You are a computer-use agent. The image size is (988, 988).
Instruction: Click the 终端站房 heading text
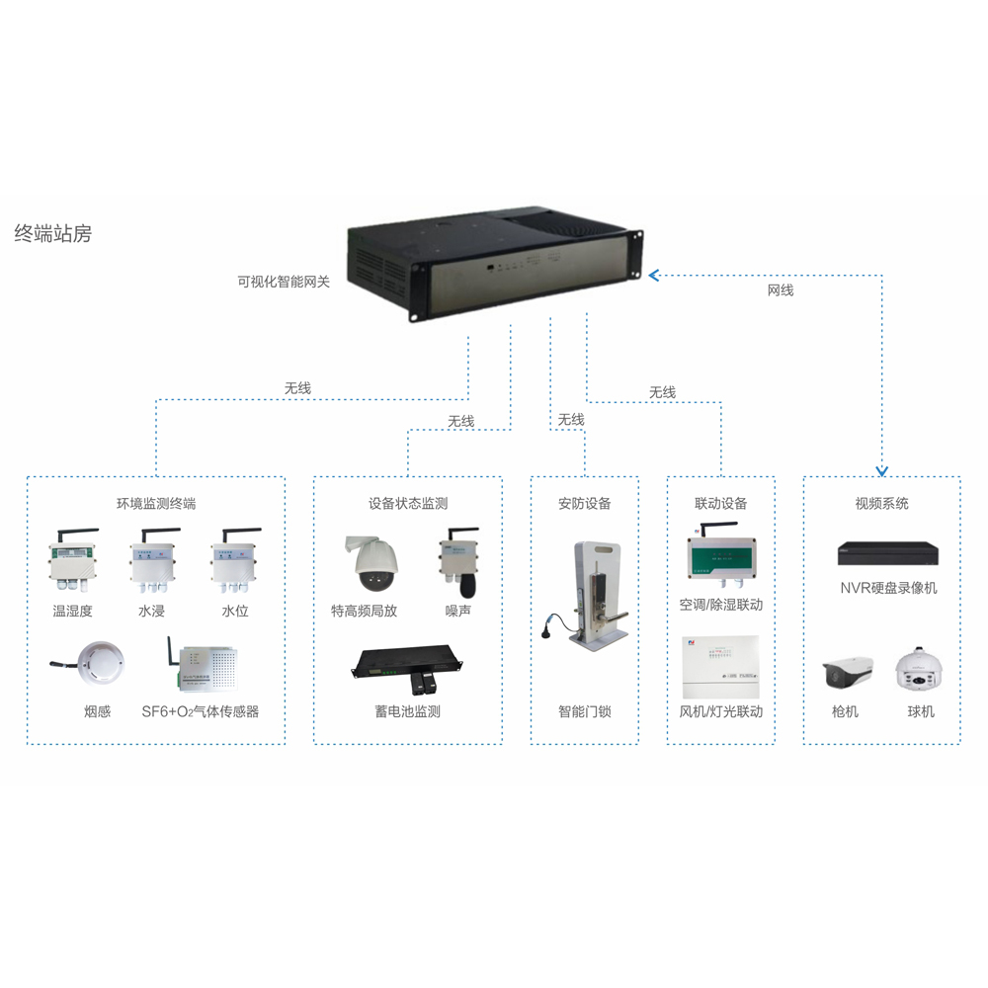coord(52,234)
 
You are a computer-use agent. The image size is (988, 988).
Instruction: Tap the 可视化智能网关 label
coord(283,281)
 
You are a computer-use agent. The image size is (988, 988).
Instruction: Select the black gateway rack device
coord(494,261)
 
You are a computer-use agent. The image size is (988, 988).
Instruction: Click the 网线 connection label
coord(781,290)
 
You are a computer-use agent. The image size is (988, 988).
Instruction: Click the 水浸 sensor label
coord(151,612)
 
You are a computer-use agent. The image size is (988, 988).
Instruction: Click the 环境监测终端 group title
coord(156,504)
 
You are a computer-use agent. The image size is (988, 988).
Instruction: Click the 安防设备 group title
coord(585,504)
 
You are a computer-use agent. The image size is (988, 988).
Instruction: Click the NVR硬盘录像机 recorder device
coord(888,552)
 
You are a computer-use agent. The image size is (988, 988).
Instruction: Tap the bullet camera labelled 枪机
coord(847,671)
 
